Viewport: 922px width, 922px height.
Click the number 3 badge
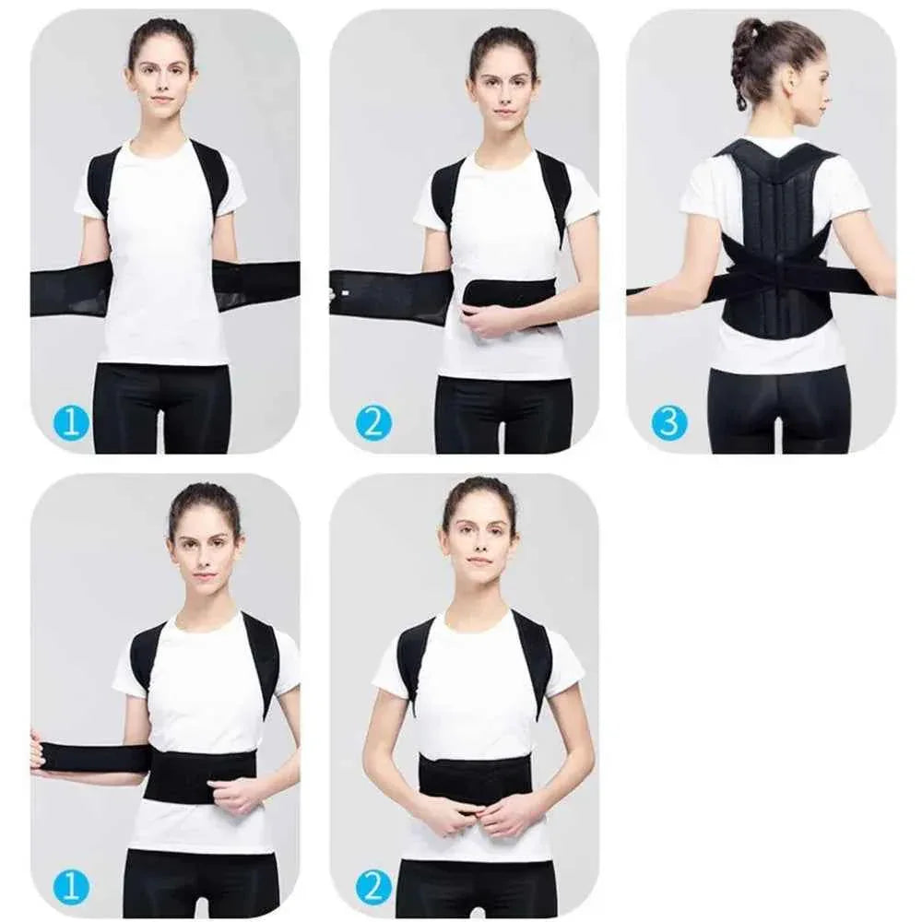click(669, 422)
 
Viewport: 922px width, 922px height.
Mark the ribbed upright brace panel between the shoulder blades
click(775, 203)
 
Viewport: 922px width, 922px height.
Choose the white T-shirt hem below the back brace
click(779, 355)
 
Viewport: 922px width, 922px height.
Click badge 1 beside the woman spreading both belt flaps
click(71, 423)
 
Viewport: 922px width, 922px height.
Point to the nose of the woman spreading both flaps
click(163, 84)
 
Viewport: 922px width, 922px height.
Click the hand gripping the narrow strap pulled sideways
click(38, 751)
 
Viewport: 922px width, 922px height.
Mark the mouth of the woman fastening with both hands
click(479, 560)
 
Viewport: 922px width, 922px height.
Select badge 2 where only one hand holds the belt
click(373, 423)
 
